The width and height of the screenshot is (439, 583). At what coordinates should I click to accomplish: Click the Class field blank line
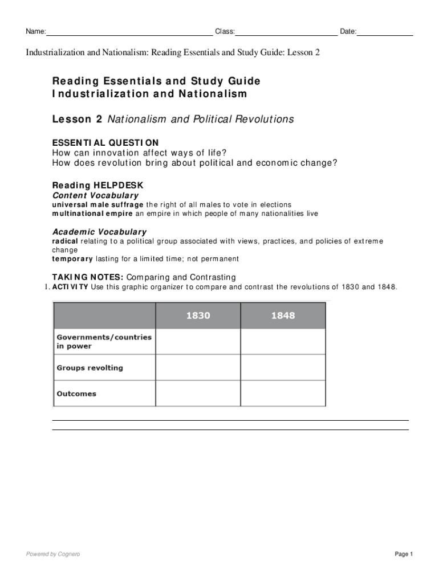pos(286,32)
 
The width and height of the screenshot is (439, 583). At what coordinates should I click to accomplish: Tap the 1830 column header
pos(198,315)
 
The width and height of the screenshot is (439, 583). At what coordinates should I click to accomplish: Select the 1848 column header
pos(283,315)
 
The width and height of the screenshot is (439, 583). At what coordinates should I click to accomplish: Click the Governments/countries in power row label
pos(104,342)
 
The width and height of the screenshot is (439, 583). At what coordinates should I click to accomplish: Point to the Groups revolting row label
pos(90,368)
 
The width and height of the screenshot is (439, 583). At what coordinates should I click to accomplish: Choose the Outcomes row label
pos(76,393)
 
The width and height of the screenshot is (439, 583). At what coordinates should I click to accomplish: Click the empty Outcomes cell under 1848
pos(283,393)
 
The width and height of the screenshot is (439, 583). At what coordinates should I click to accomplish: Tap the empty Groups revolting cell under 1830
pos(198,368)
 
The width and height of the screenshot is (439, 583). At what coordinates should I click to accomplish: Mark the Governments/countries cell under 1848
pos(283,342)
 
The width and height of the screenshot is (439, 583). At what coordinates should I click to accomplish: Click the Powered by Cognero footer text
pos(53,554)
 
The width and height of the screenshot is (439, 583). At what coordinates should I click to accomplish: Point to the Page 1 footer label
pos(403,554)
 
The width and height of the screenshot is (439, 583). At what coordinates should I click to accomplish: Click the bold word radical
pos(65,241)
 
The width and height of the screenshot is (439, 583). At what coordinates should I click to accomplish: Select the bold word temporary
pos(72,258)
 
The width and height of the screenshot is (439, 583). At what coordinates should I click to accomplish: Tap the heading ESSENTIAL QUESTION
pos(105,142)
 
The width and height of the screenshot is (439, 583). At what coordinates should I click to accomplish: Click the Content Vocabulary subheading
pos(95,195)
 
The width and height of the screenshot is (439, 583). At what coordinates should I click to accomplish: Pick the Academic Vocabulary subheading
pos(99,232)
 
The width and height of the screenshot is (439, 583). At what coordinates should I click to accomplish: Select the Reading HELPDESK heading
pos(98,186)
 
